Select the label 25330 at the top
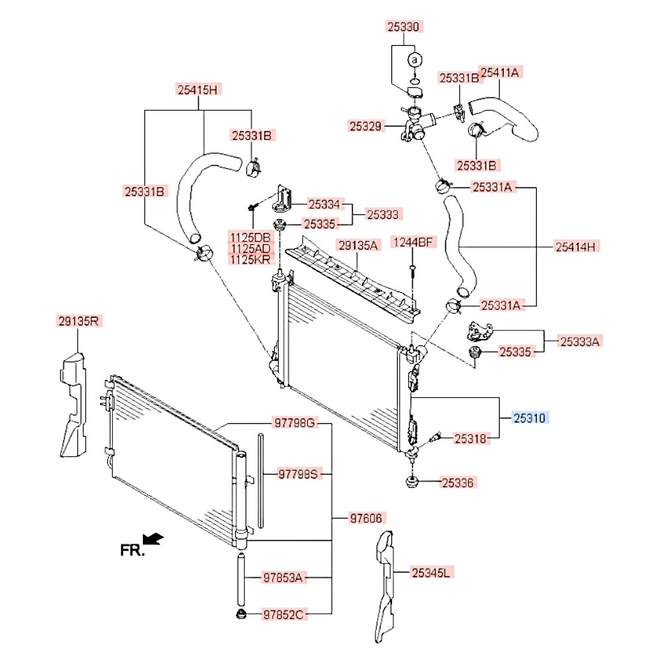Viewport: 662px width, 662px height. pos(404,27)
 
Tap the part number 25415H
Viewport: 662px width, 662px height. pos(197,89)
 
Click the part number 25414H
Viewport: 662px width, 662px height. pos(575,247)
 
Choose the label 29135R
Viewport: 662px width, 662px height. pos(79,322)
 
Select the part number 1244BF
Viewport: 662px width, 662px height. pos(413,242)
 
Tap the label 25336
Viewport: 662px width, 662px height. pos(458,483)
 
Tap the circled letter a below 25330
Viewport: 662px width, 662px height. pos(414,60)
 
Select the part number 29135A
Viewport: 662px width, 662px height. pos(359,246)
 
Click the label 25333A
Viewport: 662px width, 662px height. pos(580,342)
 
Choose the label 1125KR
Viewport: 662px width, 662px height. pos(250,260)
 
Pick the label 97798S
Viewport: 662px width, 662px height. pos(298,474)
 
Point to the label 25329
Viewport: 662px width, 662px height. pos(366,124)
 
